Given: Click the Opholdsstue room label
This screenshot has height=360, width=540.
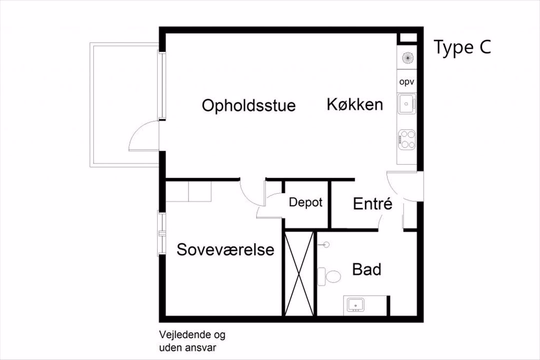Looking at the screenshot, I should [x=248, y=105].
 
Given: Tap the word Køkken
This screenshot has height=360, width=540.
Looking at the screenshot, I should [x=354, y=105].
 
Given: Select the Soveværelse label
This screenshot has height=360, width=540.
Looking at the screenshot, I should [x=226, y=249].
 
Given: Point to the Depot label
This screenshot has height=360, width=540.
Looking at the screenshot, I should [x=305, y=202].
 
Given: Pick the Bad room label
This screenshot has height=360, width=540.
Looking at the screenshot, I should [x=366, y=269].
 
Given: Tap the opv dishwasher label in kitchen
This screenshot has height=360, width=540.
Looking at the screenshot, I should [x=406, y=81].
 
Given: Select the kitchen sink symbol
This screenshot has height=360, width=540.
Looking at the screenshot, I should [x=406, y=103].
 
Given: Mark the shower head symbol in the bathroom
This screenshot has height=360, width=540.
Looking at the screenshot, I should [x=324, y=242].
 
